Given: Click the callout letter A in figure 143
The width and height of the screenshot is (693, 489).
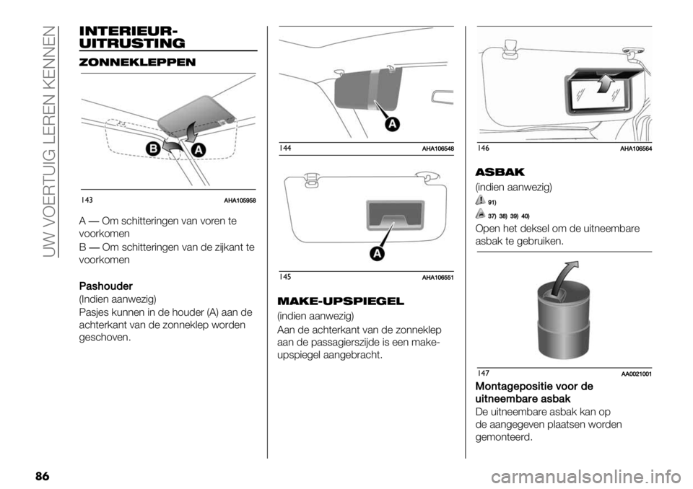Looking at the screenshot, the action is [x=199, y=150].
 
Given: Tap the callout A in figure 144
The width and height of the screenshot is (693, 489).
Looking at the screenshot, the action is [x=392, y=124].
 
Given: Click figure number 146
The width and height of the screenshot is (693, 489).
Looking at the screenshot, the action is [x=484, y=149].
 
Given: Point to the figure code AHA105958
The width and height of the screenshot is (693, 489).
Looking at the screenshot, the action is [x=240, y=201].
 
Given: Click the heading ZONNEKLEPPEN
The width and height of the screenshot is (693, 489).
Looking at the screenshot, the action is [x=137, y=62].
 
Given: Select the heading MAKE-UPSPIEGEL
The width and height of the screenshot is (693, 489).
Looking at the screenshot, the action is [x=340, y=301].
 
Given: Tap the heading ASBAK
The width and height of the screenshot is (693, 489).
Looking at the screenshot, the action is [x=500, y=172].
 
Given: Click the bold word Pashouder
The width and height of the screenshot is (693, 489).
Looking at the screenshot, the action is [x=105, y=286].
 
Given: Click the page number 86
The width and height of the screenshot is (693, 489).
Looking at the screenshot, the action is [x=42, y=477].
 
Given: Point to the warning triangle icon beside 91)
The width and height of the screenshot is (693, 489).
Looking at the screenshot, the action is [x=481, y=200].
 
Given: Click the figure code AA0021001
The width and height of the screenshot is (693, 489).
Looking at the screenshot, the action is [x=637, y=374].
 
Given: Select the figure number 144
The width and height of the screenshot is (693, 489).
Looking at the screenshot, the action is [x=285, y=149].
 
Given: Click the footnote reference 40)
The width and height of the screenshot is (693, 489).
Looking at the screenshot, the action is [x=525, y=216].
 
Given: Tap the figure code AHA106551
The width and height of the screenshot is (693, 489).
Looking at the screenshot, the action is [x=438, y=278].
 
